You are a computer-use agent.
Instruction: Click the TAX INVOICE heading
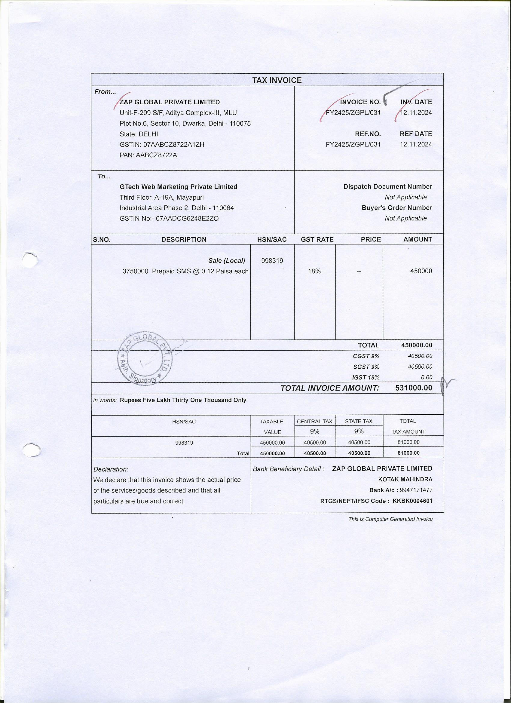click(277, 80)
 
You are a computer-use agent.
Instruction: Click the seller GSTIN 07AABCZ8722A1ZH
click(173, 144)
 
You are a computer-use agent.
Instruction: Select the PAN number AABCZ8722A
click(157, 155)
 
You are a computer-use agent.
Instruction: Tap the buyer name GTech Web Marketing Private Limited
click(179, 187)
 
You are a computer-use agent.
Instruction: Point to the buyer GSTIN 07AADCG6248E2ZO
click(187, 219)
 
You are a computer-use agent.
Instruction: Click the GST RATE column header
click(317, 240)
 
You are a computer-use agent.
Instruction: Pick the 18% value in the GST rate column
click(314, 271)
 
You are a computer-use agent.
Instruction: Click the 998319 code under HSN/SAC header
click(272, 261)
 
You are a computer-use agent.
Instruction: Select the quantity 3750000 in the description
click(136, 271)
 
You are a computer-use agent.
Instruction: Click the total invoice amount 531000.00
click(414, 388)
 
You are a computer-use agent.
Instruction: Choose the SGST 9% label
click(366, 367)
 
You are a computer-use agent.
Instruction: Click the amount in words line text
click(183, 400)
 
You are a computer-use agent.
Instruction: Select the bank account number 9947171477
click(416, 490)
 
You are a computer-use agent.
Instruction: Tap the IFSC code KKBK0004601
click(412, 501)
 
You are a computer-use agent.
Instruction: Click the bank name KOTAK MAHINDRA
click(405, 480)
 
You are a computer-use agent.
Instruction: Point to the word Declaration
click(111, 469)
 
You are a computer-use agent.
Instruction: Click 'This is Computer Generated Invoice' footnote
click(390, 519)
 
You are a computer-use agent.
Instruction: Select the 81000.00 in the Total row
click(408, 453)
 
